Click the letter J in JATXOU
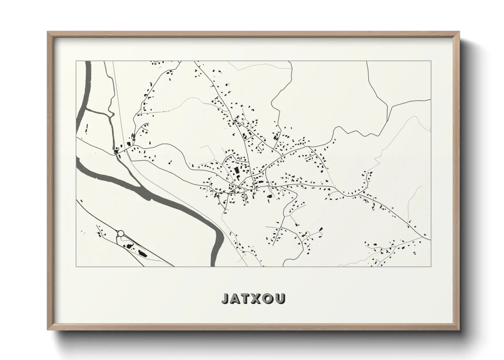226,298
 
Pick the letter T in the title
246,298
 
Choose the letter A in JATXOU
236,298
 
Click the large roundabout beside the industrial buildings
120,233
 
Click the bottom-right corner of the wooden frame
460,330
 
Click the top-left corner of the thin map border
76,61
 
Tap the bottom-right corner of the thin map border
431,266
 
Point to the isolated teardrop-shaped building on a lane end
321,229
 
